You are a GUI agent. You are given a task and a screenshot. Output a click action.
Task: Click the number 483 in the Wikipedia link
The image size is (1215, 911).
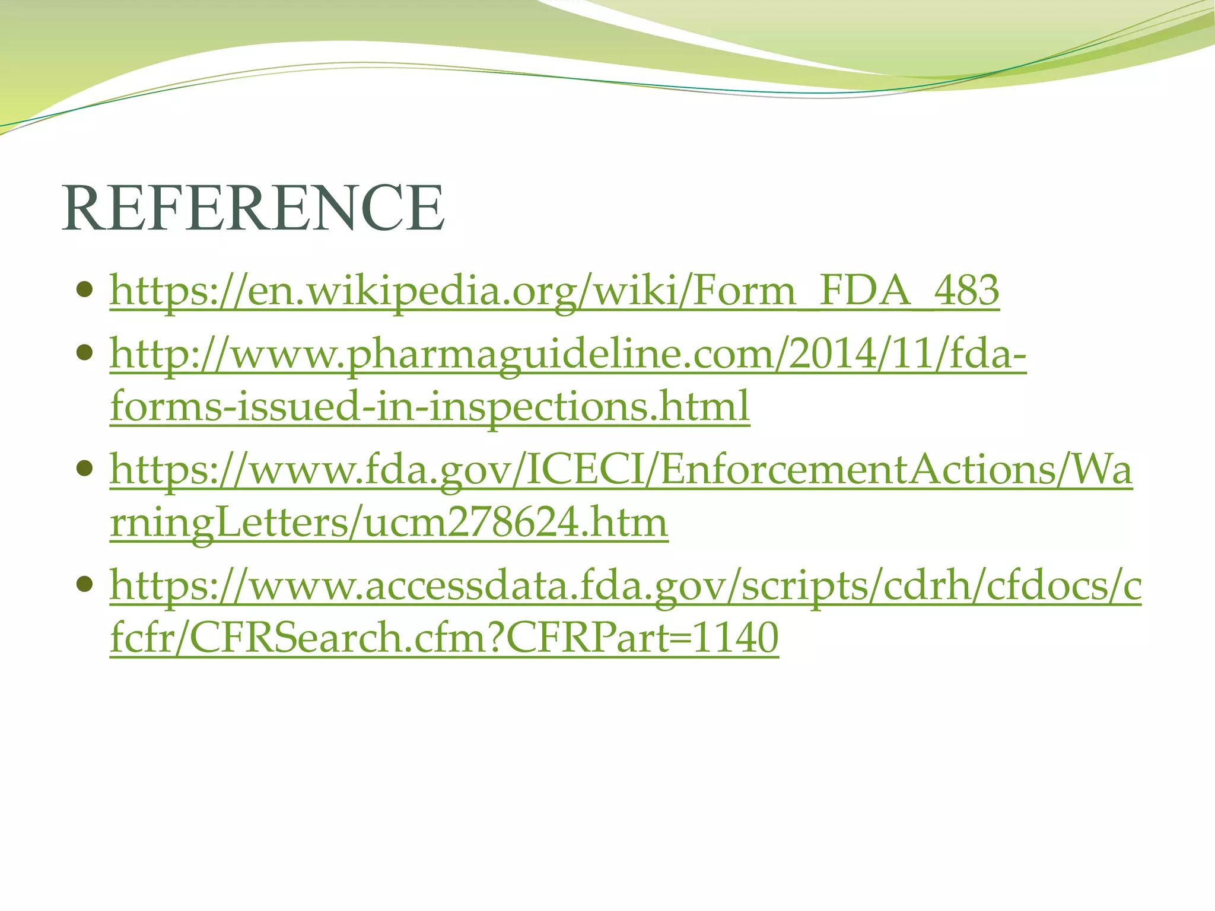pos(966,290)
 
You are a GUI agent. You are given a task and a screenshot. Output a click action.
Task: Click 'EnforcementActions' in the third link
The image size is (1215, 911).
pos(857,469)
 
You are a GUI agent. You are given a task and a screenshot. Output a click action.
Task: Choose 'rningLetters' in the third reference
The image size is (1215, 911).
pos(228,523)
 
